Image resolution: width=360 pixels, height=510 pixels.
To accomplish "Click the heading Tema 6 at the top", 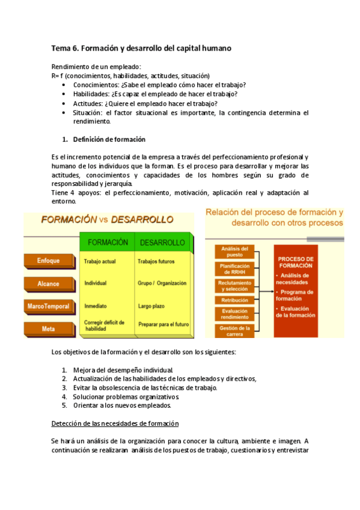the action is (x=141, y=48).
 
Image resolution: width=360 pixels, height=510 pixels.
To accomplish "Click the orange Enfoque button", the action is (x=47, y=260).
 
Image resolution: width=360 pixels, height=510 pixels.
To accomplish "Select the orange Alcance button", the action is (x=47, y=283).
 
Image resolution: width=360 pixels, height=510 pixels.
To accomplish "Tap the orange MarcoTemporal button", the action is (x=47, y=306).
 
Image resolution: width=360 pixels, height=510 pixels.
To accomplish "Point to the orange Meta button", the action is (x=47, y=329).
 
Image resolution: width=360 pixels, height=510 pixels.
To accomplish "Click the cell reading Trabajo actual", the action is (x=100, y=262).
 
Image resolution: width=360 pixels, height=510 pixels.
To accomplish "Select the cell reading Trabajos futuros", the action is (x=156, y=262).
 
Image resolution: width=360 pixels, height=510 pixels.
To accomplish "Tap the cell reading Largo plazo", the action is (x=151, y=306).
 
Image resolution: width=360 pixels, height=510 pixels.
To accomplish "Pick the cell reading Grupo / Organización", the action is (x=162, y=283).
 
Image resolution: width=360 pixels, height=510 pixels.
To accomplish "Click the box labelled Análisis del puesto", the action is (x=231, y=251).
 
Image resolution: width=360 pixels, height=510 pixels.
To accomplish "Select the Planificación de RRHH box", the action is (x=231, y=268).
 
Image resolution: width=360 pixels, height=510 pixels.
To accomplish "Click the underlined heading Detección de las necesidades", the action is (x=115, y=424).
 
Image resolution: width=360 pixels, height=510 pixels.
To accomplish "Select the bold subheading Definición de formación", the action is (x=109, y=140).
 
